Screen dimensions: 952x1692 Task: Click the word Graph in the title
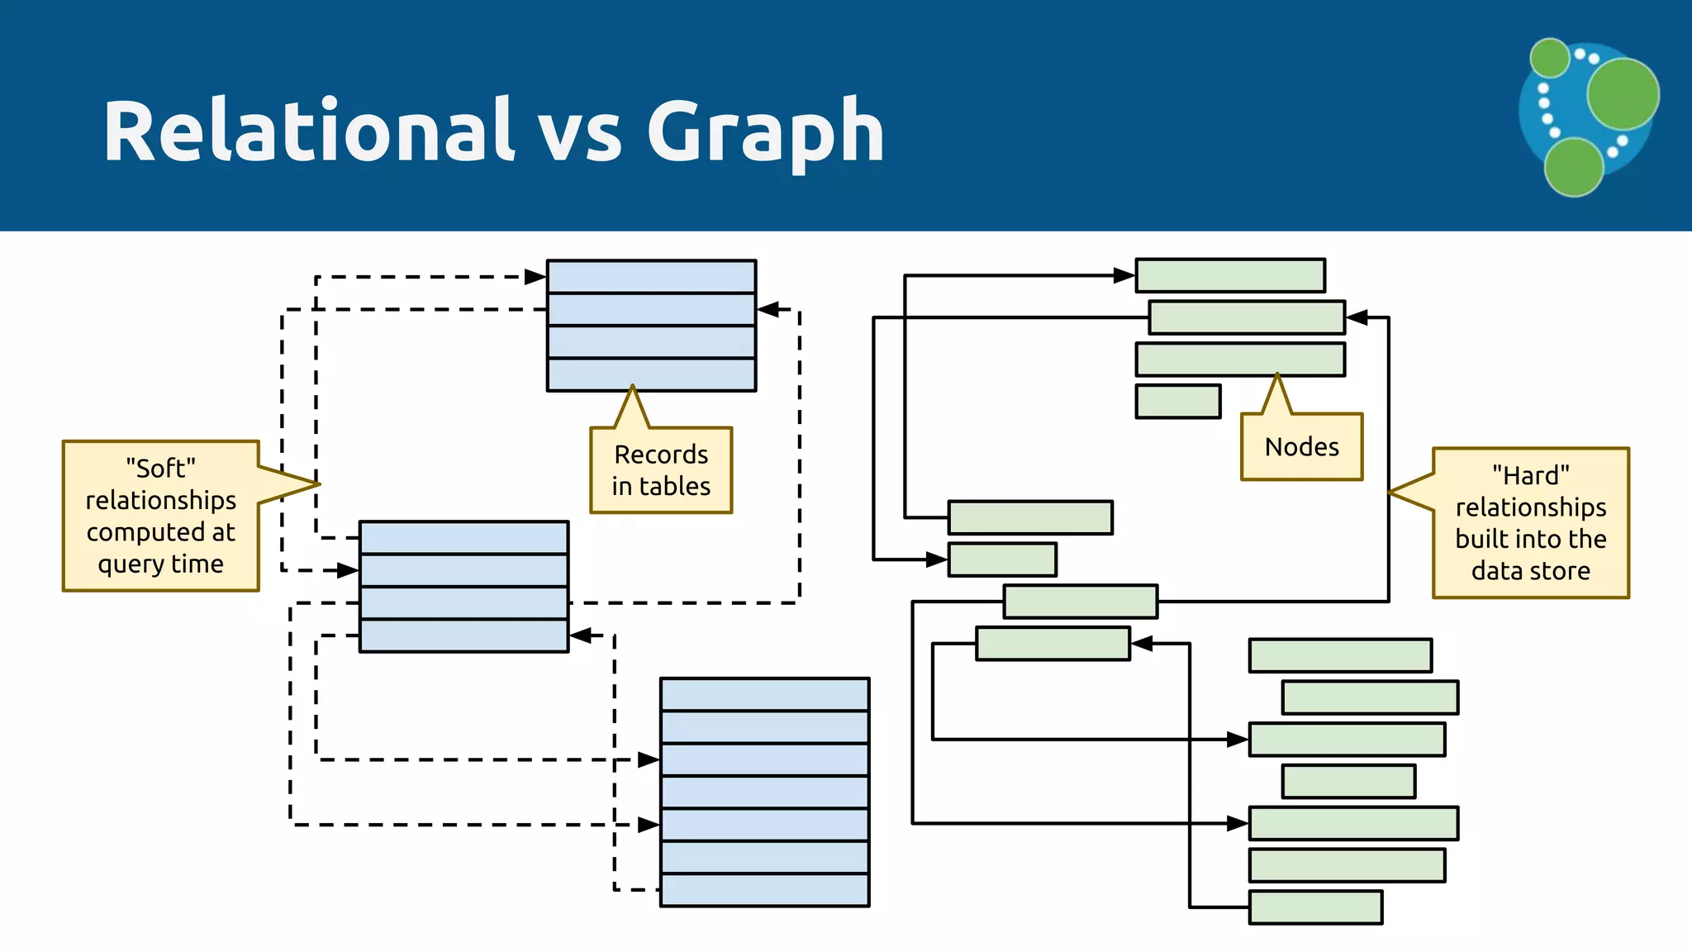pyautogui.click(x=765, y=132)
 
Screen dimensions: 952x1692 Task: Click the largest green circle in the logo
pyautogui.click(x=1623, y=93)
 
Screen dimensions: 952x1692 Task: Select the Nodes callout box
pyautogui.click(x=1301, y=447)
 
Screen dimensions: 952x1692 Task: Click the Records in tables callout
pyautogui.click(x=661, y=470)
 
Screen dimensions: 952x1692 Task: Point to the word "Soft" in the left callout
pyautogui.click(x=161, y=469)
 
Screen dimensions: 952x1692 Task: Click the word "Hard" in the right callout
pyautogui.click(x=1531, y=475)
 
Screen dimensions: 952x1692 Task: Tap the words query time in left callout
pyautogui.click(x=161, y=564)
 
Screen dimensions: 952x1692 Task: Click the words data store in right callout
pyautogui.click(x=1531, y=571)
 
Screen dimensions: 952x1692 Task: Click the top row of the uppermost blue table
pyautogui.click(x=651, y=276)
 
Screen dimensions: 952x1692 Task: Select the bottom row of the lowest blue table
pyautogui.click(x=764, y=890)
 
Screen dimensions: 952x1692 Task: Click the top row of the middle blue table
pyautogui.click(x=463, y=537)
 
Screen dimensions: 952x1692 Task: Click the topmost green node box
pyautogui.click(x=1230, y=275)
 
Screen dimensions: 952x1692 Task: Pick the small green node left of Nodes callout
pyautogui.click(x=1178, y=402)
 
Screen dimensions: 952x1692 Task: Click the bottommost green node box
pyautogui.click(x=1315, y=907)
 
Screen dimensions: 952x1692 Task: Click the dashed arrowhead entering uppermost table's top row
pyautogui.click(x=535, y=277)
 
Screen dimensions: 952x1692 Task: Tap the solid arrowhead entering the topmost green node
pyautogui.click(x=1124, y=275)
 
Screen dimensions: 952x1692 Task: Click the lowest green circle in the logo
pyautogui.click(x=1573, y=167)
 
